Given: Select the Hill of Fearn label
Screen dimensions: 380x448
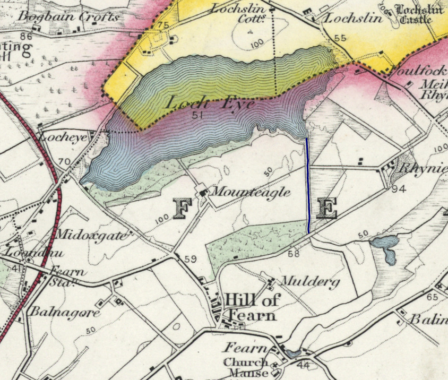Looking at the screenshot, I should pos(252,307).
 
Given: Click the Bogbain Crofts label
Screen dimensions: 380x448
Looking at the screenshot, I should pos(69,16).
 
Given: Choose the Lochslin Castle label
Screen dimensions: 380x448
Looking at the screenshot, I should pos(419,14).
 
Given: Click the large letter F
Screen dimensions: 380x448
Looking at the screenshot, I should pos(182,209).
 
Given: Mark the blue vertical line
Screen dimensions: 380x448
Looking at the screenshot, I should pos(308,185).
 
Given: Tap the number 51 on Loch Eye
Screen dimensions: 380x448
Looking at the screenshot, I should pos(200,115).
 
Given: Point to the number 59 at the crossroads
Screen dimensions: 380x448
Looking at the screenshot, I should pos(191,259).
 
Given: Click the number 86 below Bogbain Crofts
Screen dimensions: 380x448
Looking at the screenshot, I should pos(26,37).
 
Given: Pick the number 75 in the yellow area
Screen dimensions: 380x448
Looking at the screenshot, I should pos(163,25).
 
